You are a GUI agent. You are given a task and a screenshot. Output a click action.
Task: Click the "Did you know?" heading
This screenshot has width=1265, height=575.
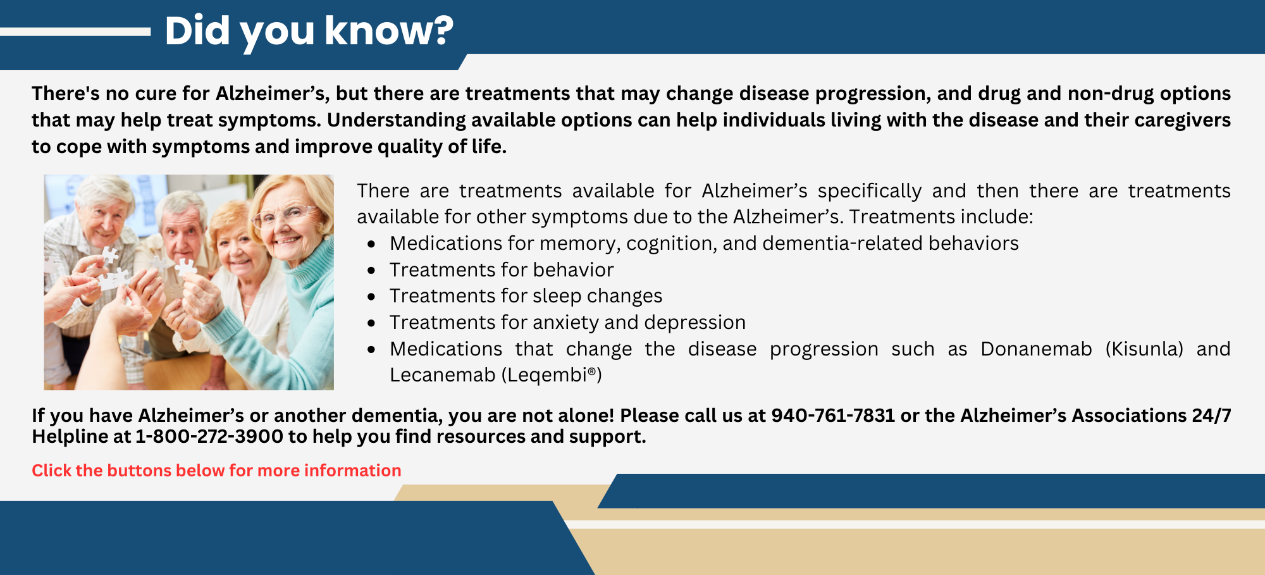(x=309, y=31)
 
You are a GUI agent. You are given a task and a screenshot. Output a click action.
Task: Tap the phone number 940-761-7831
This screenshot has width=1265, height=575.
(x=833, y=416)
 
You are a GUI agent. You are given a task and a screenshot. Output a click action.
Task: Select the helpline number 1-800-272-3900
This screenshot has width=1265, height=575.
(x=209, y=436)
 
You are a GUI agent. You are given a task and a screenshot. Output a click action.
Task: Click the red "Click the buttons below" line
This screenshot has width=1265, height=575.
(x=216, y=471)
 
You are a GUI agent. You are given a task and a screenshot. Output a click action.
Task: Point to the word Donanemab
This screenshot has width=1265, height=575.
(x=1036, y=349)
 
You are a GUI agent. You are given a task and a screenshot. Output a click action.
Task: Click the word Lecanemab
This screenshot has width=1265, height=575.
(x=442, y=375)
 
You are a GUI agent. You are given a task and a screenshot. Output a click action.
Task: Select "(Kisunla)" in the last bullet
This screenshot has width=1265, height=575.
(x=1144, y=349)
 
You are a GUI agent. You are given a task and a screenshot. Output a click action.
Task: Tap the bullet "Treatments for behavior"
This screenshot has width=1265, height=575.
(x=502, y=270)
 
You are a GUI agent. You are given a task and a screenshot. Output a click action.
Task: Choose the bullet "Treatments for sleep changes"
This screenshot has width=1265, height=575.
(x=526, y=296)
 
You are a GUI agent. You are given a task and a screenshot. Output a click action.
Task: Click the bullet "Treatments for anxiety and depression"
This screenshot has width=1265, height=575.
(x=567, y=323)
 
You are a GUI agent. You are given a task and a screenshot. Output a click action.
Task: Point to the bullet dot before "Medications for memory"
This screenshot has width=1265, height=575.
(x=371, y=244)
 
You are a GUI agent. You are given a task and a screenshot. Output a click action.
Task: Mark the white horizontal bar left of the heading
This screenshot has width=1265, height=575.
(x=75, y=32)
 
